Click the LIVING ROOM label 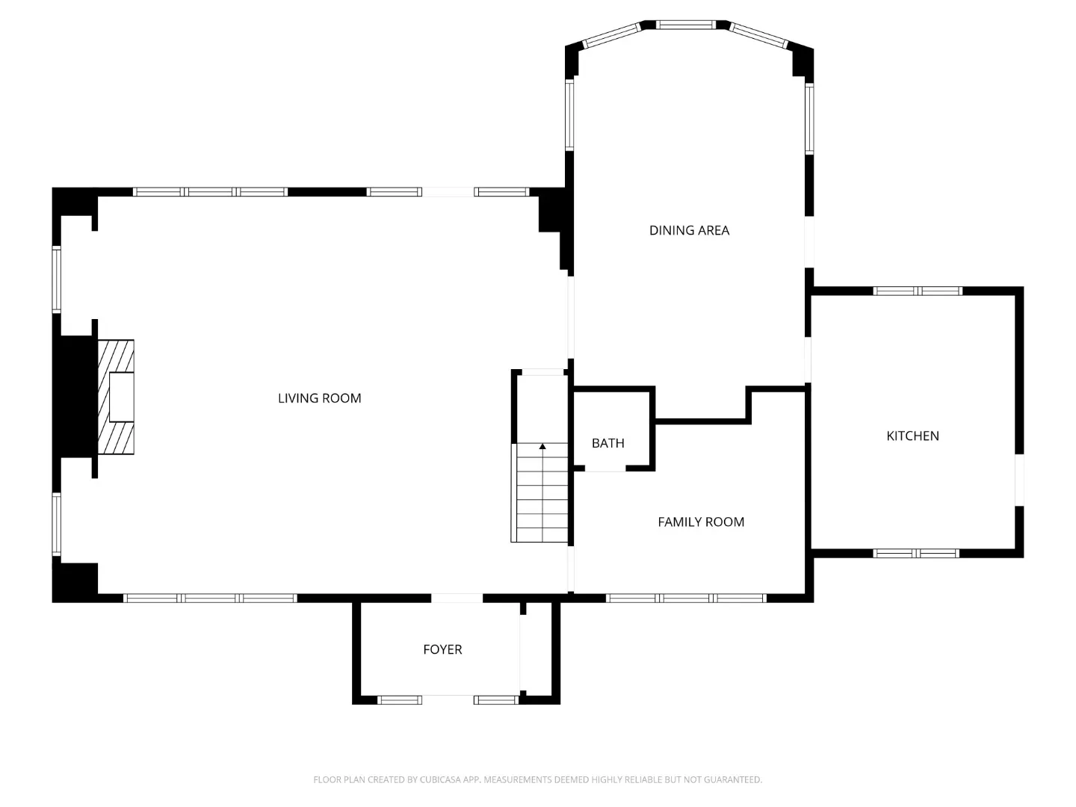tap(319, 398)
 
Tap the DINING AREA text tap(689, 230)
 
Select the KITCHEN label tap(912, 436)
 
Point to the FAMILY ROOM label tap(700, 522)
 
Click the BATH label tap(607, 443)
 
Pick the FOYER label tap(442, 649)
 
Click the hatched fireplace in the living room tap(116, 397)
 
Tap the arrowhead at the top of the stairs tap(542, 446)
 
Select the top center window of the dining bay tap(686, 25)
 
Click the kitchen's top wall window tap(917, 291)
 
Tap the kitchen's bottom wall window tap(915, 554)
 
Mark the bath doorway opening tap(605, 469)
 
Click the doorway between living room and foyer tap(457, 598)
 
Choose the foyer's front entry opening tap(447, 699)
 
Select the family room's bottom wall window tap(686, 598)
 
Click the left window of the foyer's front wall tap(400, 700)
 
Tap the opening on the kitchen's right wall tap(1019, 480)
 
